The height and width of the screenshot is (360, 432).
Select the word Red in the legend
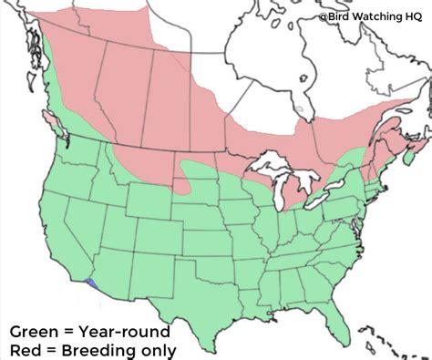click(26, 349)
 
